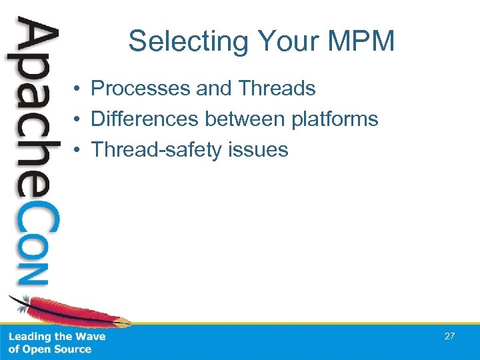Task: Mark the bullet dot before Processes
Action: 78,89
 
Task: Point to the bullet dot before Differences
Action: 78,120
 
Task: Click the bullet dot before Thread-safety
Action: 78,151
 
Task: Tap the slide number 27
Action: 449,336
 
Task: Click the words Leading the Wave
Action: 57,337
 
